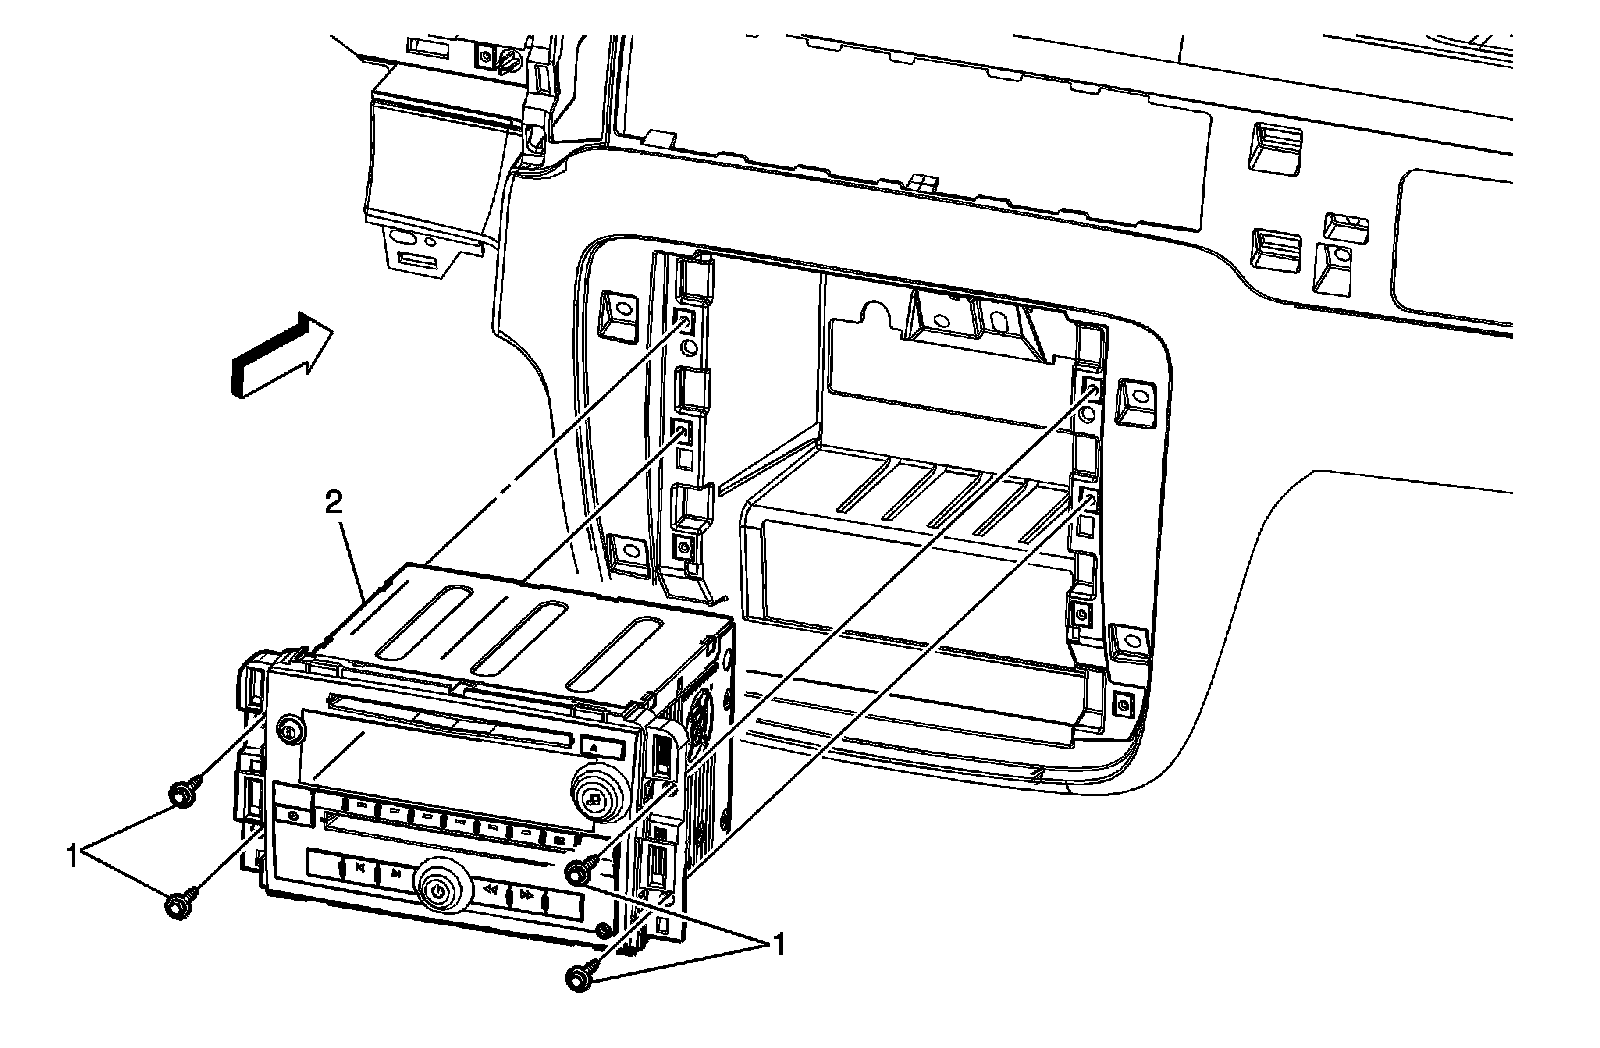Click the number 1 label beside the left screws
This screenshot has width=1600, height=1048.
pos(73,855)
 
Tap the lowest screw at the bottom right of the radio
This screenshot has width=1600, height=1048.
pos(579,978)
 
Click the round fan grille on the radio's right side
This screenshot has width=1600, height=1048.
pos(700,710)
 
